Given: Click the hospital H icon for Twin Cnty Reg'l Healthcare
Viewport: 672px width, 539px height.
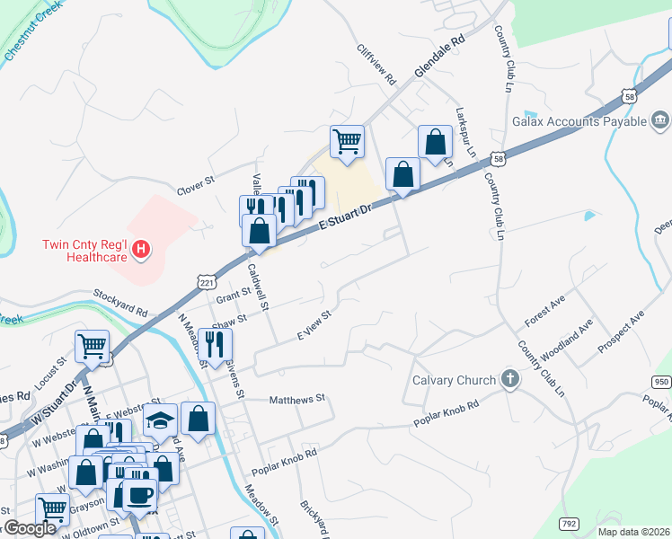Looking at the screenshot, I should click(x=140, y=249).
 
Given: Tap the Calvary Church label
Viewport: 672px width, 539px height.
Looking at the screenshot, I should click(x=454, y=380).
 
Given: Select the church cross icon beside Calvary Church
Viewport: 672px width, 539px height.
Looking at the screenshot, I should click(x=510, y=379).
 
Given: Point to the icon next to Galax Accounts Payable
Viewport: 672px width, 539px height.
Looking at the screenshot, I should click(x=660, y=120).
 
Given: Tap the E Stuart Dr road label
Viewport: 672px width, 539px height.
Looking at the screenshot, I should click(x=345, y=220).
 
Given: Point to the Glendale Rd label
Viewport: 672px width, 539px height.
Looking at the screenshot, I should click(x=439, y=56).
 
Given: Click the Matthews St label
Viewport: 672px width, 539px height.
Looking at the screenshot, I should click(x=296, y=399).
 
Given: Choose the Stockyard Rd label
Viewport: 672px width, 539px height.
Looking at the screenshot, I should click(x=120, y=302).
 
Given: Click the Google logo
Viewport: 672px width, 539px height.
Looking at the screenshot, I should click(x=31, y=528).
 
